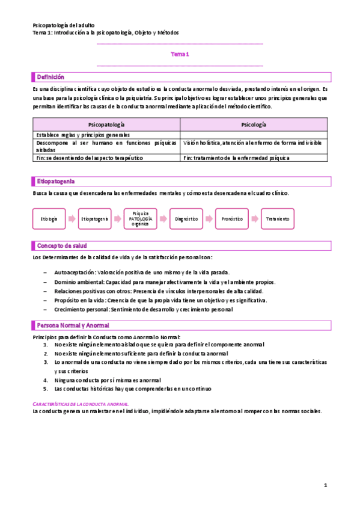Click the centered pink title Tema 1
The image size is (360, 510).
[180, 54]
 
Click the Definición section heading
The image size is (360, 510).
[50, 77]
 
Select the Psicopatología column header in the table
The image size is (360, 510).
[105, 124]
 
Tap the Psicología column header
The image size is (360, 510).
[255, 124]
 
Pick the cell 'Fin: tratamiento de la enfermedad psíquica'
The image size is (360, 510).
[237, 158]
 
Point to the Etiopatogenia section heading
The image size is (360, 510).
[56, 181]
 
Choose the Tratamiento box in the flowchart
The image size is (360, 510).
[278, 219]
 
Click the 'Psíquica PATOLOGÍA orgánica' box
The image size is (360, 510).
[141, 219]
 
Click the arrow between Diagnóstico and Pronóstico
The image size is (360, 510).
[209, 219]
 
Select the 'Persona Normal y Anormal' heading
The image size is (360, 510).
[70, 325]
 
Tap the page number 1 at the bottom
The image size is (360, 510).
[325, 485]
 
